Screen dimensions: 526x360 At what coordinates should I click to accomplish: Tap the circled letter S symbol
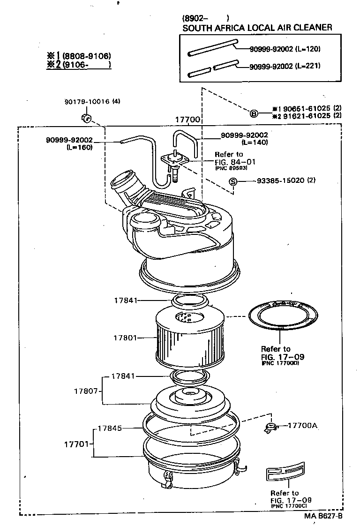pyautogui.click(x=233, y=181)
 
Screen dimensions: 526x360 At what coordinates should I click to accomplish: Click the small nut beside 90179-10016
pyautogui.click(x=85, y=117)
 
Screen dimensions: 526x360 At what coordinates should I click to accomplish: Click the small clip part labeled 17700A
pyautogui.click(x=270, y=427)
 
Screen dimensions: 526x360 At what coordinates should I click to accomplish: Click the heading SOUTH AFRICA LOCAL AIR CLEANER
pyautogui.click(x=257, y=28)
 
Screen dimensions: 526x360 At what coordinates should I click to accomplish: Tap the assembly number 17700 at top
pyautogui.click(x=188, y=120)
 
